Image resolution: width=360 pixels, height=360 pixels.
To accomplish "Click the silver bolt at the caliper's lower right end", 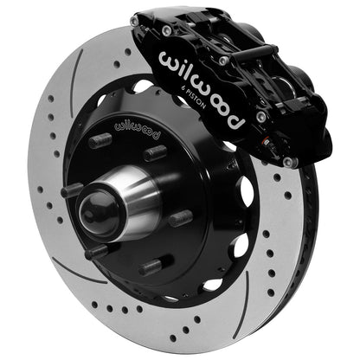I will click(292, 161).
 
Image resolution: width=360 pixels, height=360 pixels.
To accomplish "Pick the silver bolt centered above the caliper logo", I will click(223, 61).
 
